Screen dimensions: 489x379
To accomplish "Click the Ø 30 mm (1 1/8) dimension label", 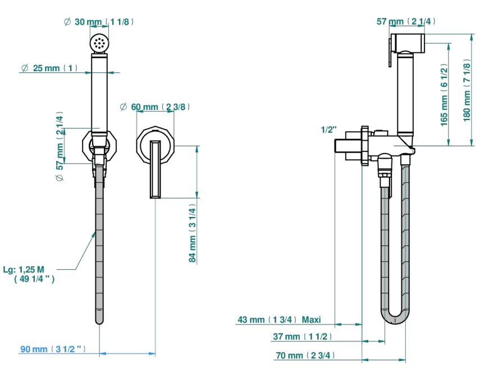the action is coord(99,22).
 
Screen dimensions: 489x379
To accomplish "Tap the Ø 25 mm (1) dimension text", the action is coord(49,68).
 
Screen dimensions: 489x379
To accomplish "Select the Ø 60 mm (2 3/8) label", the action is coord(155,107).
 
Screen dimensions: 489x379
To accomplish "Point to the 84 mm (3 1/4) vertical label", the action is coord(193,233).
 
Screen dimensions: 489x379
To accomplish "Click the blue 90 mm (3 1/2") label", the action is coord(53,349).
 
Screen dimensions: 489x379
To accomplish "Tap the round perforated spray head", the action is coord(99,43).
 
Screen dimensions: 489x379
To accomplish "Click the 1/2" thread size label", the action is coord(329,130).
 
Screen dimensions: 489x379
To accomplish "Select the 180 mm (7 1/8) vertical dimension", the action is coord(467,90).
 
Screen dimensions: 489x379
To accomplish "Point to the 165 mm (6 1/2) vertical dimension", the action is coord(444,95).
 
